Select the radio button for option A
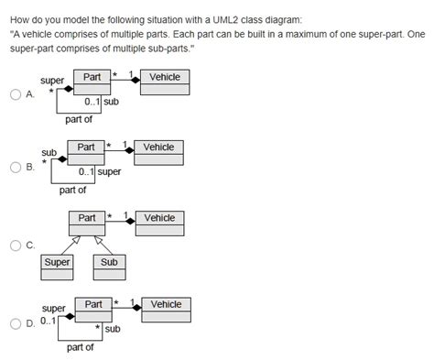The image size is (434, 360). [x=16, y=95]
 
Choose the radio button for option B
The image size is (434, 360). [x=16, y=168]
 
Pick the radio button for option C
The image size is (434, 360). [x=16, y=245]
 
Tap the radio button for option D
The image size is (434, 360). [x=16, y=323]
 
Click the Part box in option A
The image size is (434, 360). [x=92, y=82]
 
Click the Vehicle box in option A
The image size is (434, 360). [x=166, y=82]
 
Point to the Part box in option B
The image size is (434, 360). [x=86, y=152]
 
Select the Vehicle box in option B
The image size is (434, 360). [x=158, y=152]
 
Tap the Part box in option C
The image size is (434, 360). [x=86, y=223]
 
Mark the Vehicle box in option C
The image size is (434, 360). [x=159, y=223]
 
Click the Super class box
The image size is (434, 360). [x=57, y=267]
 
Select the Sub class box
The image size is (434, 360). [x=110, y=267]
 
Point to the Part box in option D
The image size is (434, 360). [x=93, y=309]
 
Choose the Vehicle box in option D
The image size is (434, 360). [x=166, y=309]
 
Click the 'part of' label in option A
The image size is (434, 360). [x=79, y=119]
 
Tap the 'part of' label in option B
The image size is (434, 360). [x=72, y=190]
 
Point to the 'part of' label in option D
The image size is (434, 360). [x=80, y=347]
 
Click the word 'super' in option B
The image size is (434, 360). [x=109, y=171]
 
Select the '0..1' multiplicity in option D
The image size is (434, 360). [x=48, y=322]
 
